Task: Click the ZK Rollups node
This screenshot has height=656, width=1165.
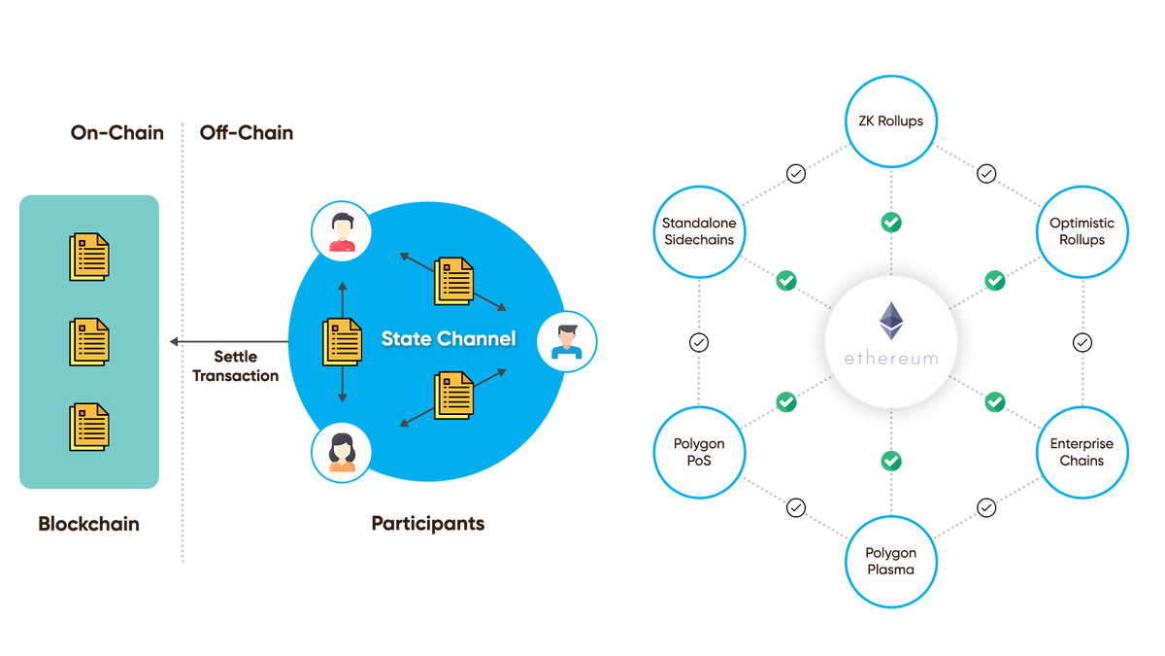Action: tap(891, 122)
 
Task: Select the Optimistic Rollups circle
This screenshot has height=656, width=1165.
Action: tap(1082, 231)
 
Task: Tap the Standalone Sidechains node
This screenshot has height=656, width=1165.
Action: tap(699, 231)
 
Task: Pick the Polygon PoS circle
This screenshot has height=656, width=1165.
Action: tap(699, 451)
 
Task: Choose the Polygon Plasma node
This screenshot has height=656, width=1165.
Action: tap(891, 561)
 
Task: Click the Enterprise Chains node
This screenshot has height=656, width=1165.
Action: tap(1082, 451)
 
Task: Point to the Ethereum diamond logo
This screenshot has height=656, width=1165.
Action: tap(890, 322)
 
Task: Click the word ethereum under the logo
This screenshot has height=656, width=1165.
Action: tap(890, 359)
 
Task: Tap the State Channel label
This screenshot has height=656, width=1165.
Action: tap(449, 339)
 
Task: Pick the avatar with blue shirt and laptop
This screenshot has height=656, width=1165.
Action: tap(565, 341)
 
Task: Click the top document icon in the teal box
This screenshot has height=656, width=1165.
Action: tap(88, 257)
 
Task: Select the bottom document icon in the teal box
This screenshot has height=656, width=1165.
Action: tap(88, 428)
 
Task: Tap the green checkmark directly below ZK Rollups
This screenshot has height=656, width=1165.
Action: tap(891, 223)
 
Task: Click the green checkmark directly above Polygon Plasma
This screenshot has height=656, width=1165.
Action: tap(891, 460)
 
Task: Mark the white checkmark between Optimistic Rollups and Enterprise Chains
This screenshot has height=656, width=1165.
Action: tap(1082, 342)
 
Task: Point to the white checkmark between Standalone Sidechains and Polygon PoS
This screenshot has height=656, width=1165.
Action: tap(699, 342)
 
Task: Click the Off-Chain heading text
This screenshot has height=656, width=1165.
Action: tap(246, 133)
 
